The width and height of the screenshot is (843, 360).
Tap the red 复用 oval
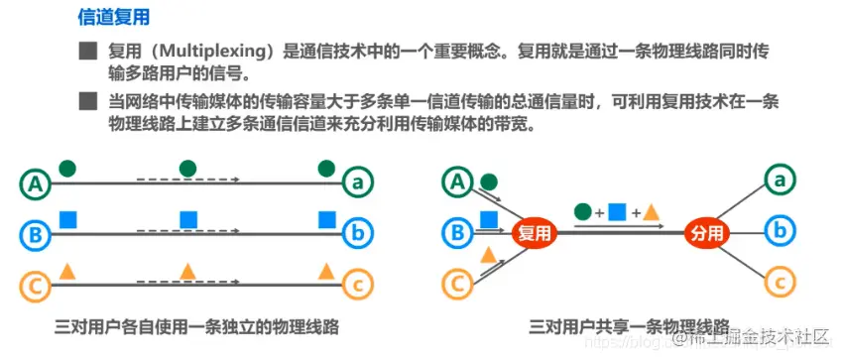pyautogui.click(x=535, y=234)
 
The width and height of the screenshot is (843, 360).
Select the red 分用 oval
pyautogui.click(x=708, y=234)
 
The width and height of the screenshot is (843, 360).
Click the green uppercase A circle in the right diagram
pyautogui.click(x=458, y=181)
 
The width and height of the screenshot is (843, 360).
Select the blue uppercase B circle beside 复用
pyautogui.click(x=458, y=234)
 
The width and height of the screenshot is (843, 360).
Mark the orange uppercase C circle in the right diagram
pyautogui.click(x=458, y=286)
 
